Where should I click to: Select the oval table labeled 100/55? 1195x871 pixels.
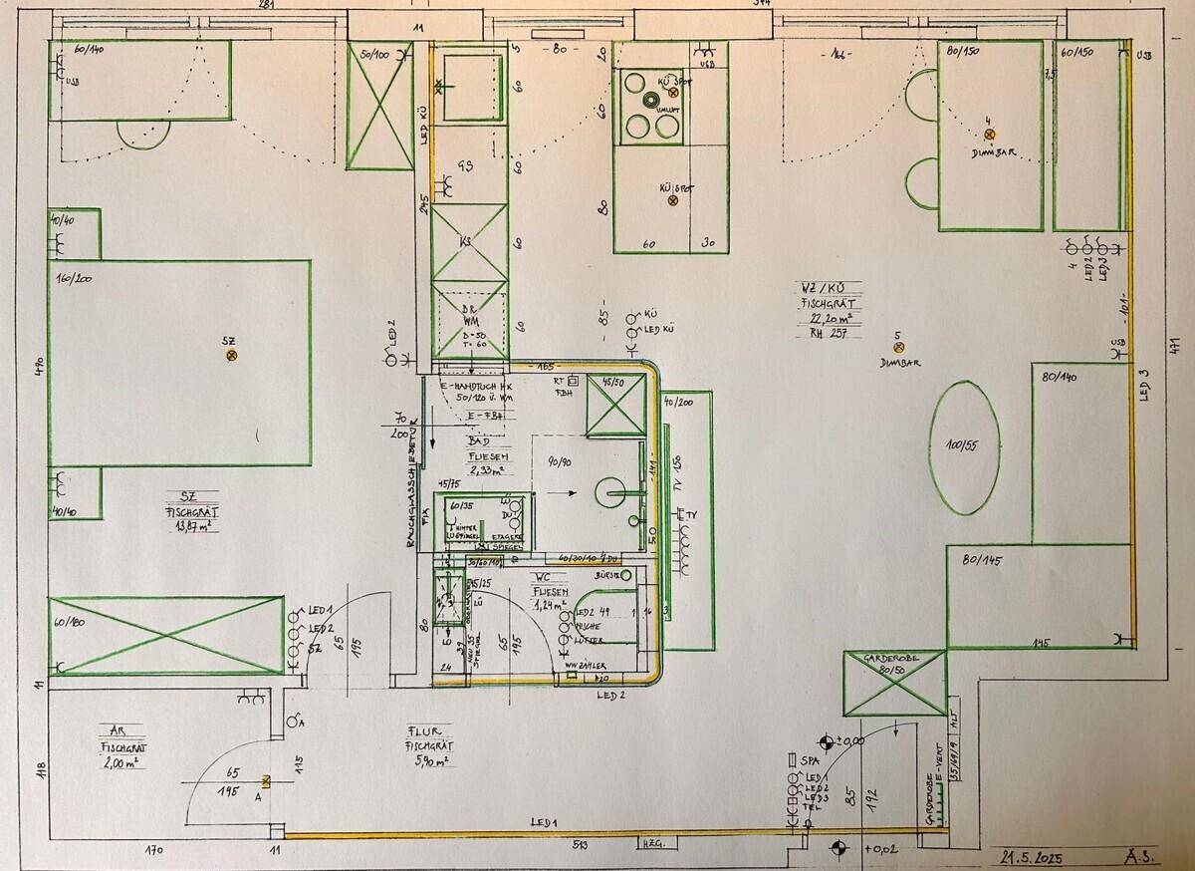(x=964, y=446)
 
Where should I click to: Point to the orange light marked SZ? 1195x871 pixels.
(x=232, y=355)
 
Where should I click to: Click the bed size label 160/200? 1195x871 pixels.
(x=75, y=278)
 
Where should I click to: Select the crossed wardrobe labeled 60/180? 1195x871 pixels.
(x=166, y=635)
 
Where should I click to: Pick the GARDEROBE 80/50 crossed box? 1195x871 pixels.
(x=893, y=684)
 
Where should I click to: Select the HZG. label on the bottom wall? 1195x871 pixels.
(x=653, y=846)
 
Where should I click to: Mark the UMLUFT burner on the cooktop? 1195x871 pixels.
(x=651, y=100)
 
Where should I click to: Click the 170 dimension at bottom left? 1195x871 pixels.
(x=154, y=850)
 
